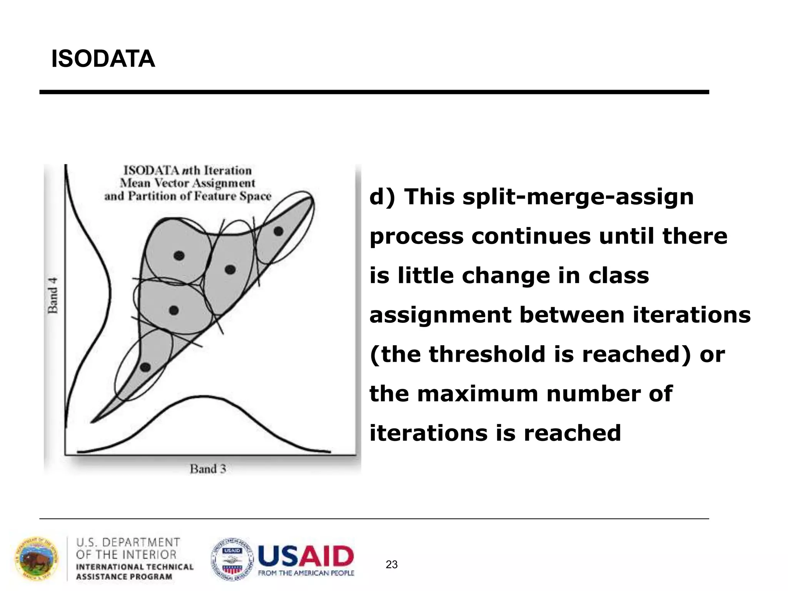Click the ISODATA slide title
point(103,59)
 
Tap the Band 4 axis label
point(53,295)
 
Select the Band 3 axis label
point(208,469)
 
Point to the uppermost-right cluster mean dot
point(278,231)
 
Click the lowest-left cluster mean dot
point(145,367)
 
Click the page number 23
point(391,564)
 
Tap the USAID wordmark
point(306,557)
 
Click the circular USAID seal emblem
point(232,559)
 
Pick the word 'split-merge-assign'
point(578,197)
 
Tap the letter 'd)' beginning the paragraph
point(382,197)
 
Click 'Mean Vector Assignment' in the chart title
point(187,183)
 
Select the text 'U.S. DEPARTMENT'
point(128,543)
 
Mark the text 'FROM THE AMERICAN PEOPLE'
point(306,573)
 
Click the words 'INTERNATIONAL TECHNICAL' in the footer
point(135,567)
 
